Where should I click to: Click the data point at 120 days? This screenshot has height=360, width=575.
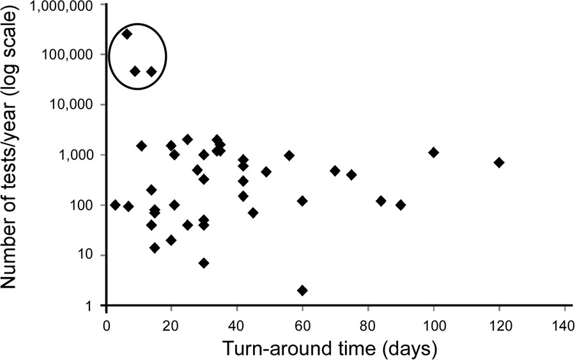click(499, 162)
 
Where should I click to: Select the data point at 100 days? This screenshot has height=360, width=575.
click(434, 152)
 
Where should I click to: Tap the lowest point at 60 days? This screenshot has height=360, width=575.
click(302, 290)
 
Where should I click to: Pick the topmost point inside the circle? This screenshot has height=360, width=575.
click(127, 34)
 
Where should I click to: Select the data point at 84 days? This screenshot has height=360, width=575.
click(381, 201)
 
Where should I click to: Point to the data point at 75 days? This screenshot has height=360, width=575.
click(351, 175)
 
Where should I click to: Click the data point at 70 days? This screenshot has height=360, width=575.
click(335, 170)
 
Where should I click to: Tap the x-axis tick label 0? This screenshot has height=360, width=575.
click(107, 323)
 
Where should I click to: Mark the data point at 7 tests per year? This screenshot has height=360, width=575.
click(204, 263)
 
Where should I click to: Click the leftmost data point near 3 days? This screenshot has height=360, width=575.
click(115, 205)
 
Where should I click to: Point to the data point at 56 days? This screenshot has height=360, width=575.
click(289, 155)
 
